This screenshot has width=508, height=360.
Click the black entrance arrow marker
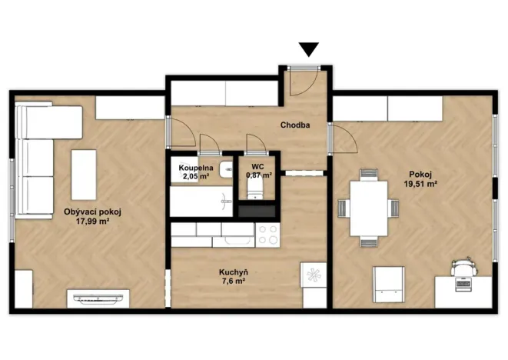pos(309,49)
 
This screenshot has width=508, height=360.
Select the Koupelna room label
pos(195,167)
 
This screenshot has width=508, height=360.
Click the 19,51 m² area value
pos(420,184)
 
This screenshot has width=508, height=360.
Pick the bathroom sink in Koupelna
pos(225,170)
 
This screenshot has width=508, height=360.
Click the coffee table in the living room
pos(84,175)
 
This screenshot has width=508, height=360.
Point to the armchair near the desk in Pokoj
pos(388,285)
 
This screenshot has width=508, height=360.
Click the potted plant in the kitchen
pos(313,274)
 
